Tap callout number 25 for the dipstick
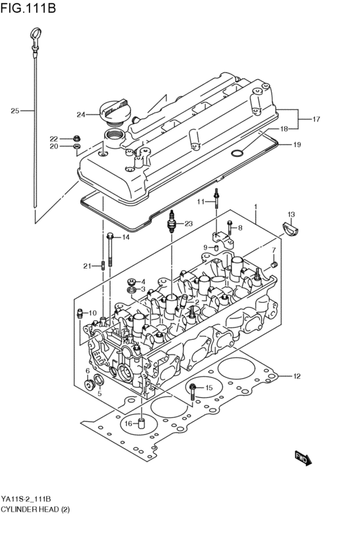pos(15,111)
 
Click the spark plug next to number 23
pos(172,223)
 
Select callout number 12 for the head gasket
pos(297,376)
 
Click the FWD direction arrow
pos(303,458)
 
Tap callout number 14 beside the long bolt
pos(126,237)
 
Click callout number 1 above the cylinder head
pos(255,206)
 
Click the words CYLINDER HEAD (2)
pos(35,510)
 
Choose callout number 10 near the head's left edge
pos(93,313)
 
